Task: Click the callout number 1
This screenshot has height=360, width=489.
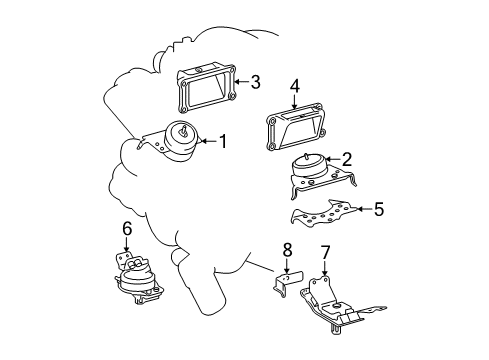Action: [x=222, y=142]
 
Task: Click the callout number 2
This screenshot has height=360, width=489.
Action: [x=347, y=158]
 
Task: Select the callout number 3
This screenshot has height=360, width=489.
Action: [x=255, y=83]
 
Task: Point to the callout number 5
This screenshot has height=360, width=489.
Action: [x=377, y=210]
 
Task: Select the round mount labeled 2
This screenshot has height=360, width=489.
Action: [x=311, y=172]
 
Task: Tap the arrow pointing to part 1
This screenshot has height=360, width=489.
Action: [x=206, y=142]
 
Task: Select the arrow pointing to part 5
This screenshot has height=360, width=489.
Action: [x=360, y=210]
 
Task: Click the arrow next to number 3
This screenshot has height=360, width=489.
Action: [x=239, y=83]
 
